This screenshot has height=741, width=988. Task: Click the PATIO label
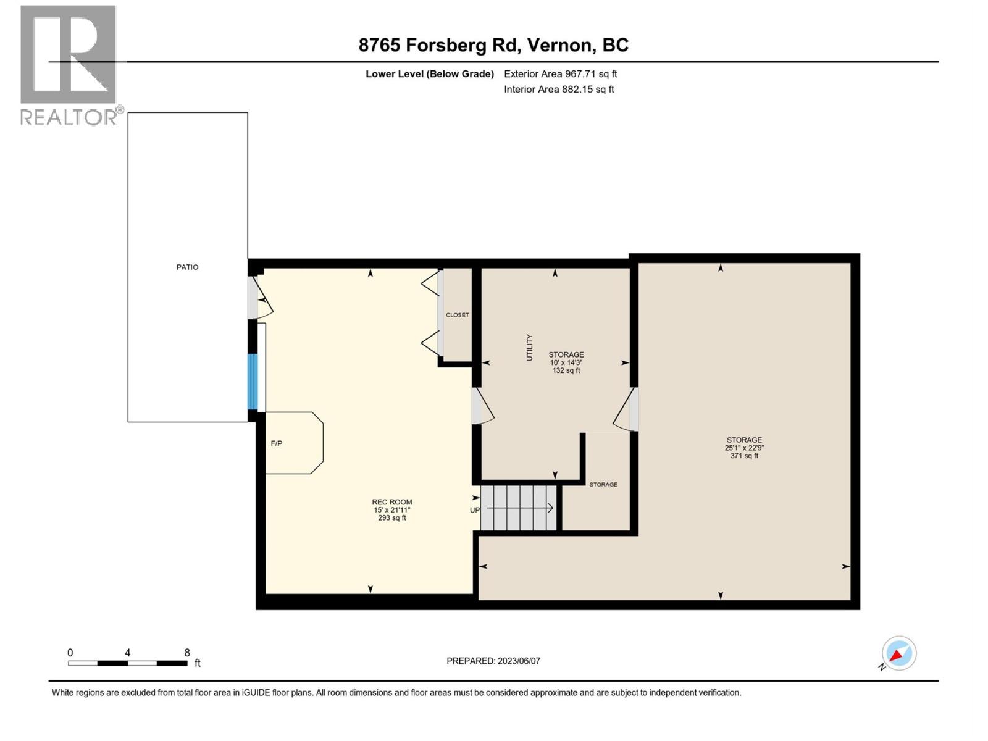(187, 267)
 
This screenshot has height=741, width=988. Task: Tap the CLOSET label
(458, 315)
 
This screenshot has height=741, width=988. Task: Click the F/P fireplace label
(277, 443)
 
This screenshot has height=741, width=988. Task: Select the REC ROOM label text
(392, 502)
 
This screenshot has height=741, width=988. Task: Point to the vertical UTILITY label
(529, 348)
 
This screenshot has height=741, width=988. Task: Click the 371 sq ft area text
(744, 456)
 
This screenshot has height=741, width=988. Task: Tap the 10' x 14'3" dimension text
(566, 362)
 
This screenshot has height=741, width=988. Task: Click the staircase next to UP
(519, 508)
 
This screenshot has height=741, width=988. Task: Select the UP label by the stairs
(474, 510)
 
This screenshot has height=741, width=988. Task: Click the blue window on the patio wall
(252, 381)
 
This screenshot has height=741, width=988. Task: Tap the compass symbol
(898, 653)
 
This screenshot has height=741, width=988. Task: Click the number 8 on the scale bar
(187, 653)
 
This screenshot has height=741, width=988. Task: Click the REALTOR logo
(69, 65)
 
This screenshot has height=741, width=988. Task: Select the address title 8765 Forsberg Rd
(493, 45)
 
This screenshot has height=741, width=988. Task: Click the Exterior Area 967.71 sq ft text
(560, 74)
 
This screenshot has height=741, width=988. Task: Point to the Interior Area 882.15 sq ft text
(559, 90)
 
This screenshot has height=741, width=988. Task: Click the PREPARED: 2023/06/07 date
(493, 661)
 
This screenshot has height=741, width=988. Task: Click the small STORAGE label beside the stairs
(603, 485)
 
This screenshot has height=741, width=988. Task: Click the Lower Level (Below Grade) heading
(430, 74)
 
